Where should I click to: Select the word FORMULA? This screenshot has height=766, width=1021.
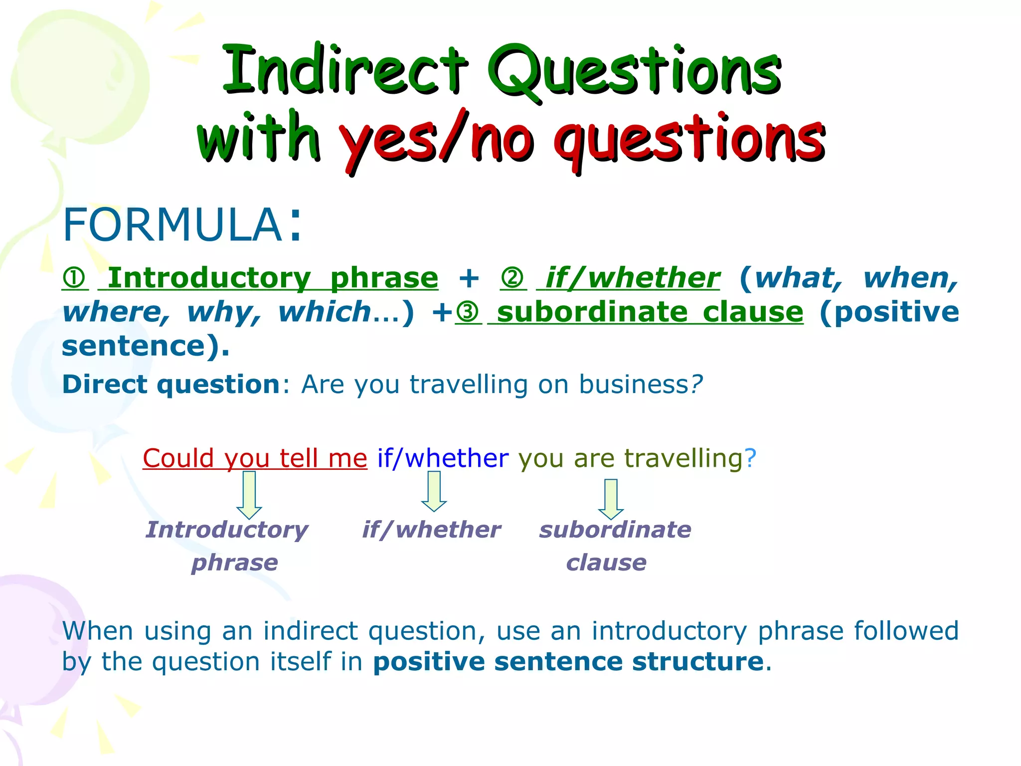[x=172, y=225]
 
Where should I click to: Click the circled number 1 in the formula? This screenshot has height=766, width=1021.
[x=75, y=278]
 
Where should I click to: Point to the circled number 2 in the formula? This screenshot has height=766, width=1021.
[x=513, y=278]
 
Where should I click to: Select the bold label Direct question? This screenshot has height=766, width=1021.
[x=170, y=385]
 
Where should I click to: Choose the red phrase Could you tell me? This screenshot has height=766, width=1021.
[x=255, y=458]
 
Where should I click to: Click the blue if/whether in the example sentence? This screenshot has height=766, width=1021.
[x=443, y=458]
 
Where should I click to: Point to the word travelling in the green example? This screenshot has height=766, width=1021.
[x=683, y=458]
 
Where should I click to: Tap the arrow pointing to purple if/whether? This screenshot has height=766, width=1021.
[x=434, y=491]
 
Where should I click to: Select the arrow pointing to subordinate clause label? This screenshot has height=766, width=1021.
[x=611, y=499]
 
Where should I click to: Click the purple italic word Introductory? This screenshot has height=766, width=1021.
[x=227, y=530]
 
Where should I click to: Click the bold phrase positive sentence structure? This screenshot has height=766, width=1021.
[x=568, y=662]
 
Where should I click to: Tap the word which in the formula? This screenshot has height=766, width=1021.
[x=324, y=313]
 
